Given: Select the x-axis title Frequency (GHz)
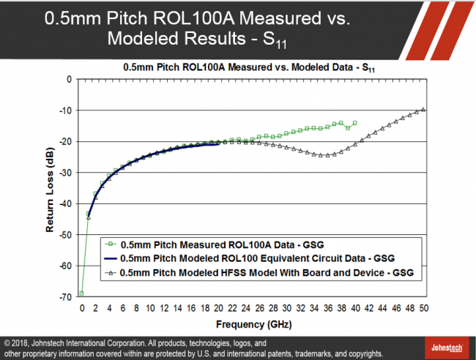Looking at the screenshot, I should tap(250, 323).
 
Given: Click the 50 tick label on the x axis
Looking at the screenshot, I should tap(424, 308).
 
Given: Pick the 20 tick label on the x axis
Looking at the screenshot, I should tap(218, 308).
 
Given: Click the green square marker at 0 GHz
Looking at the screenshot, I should tap(81, 293).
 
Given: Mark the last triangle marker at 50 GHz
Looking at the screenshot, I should tap(424, 110).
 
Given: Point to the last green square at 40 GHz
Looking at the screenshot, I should tap(355, 123).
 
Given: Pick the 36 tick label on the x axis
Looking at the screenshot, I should tap(328, 308).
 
